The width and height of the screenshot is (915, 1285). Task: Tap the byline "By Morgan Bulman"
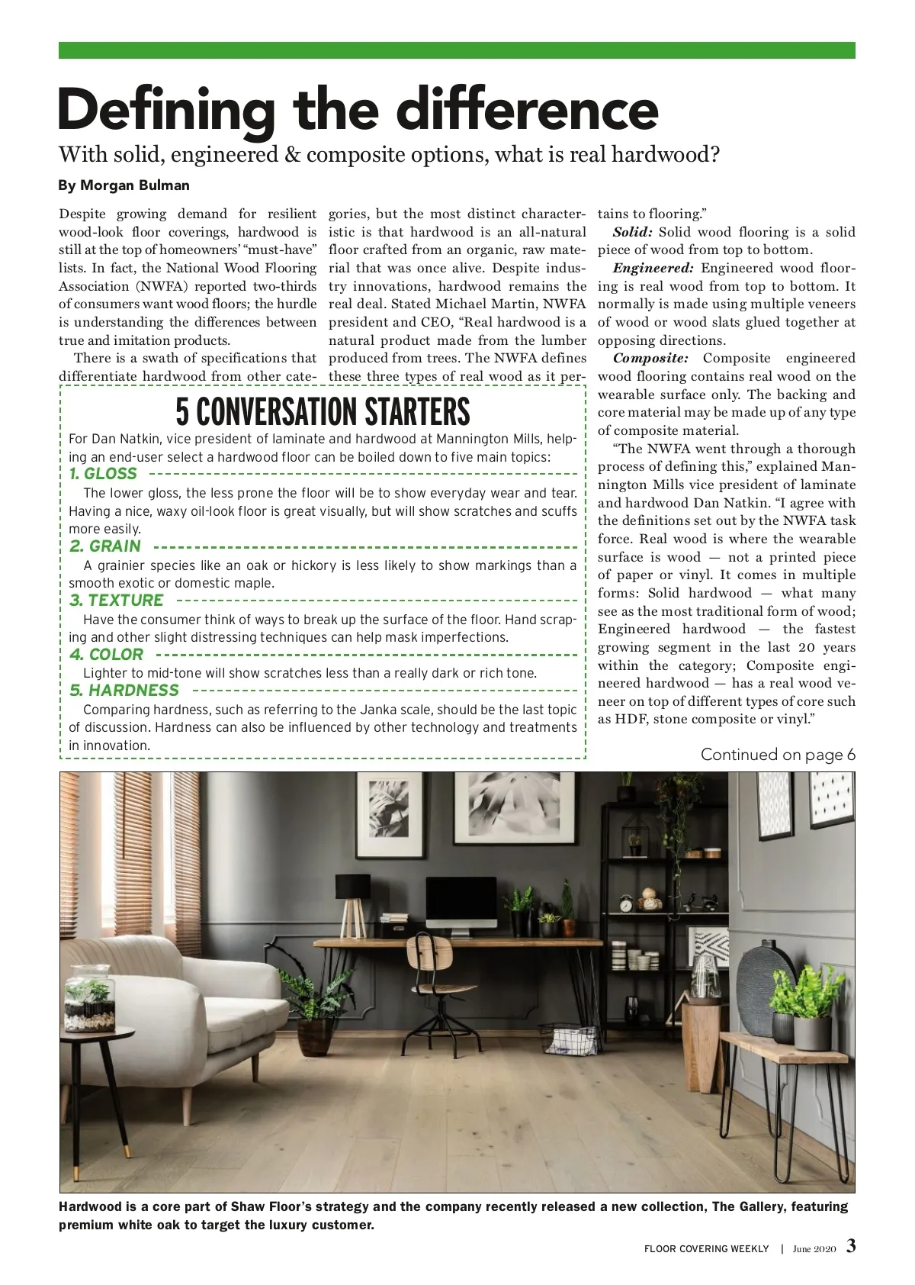click(x=124, y=185)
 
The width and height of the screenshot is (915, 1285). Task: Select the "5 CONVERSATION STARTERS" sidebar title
click(x=323, y=412)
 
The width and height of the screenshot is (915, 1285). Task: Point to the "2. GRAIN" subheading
click(x=105, y=546)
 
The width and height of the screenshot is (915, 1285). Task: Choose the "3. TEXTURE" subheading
click(x=116, y=601)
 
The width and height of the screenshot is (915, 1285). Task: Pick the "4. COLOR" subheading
click(x=106, y=655)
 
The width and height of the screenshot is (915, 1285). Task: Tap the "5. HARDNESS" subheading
click(x=124, y=691)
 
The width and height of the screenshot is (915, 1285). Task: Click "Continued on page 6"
click(x=778, y=755)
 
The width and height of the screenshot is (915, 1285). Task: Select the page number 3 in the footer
click(x=851, y=1247)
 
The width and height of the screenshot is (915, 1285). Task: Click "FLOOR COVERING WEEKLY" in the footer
click(x=706, y=1249)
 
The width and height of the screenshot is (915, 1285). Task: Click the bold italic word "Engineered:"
click(x=653, y=268)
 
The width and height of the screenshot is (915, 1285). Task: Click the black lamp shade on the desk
click(x=352, y=887)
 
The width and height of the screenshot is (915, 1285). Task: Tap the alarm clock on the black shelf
click(x=626, y=905)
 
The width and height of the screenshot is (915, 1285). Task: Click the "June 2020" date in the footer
click(x=814, y=1249)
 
